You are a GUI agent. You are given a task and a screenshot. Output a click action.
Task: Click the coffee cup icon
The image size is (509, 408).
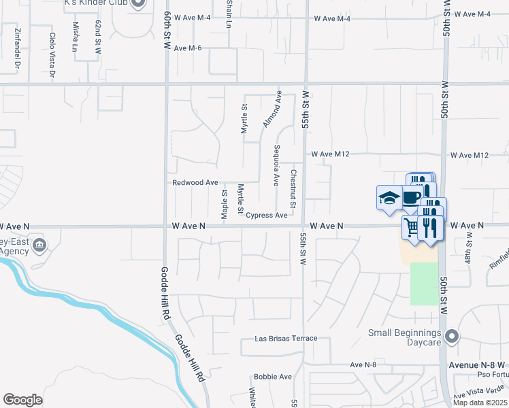(x=412, y=197)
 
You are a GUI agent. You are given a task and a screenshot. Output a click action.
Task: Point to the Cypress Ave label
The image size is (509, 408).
(x=266, y=216)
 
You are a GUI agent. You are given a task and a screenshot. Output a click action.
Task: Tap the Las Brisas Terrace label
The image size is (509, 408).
(x=286, y=338)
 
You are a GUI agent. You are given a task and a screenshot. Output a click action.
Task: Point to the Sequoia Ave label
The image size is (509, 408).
(x=276, y=165)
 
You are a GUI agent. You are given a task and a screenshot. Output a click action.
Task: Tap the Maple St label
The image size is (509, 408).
(x=224, y=204)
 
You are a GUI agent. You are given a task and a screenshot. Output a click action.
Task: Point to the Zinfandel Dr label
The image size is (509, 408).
(x=17, y=49)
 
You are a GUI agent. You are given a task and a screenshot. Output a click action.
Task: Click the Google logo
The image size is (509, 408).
(x=22, y=400)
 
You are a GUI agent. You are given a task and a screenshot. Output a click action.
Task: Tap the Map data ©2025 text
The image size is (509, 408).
(x=480, y=403)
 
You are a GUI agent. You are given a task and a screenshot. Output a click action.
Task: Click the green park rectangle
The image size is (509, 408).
(x=425, y=284)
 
